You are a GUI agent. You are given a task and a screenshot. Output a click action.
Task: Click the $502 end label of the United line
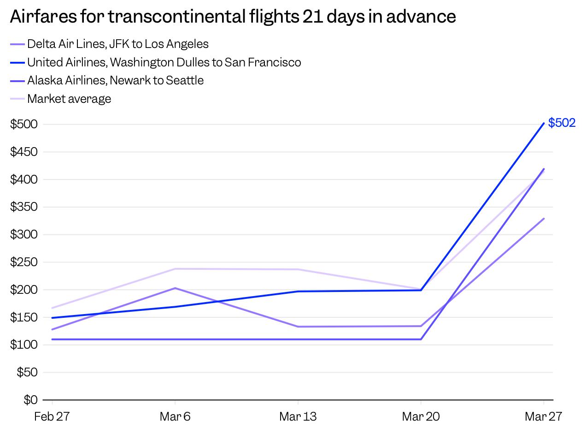[x=562, y=123]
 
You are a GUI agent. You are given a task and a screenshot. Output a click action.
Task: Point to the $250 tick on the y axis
[x=24, y=262]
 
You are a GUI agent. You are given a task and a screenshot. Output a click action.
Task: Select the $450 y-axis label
[x=24, y=152]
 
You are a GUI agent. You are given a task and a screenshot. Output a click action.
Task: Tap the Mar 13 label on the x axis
[x=298, y=417]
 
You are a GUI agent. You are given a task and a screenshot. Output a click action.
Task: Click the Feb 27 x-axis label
[x=52, y=417]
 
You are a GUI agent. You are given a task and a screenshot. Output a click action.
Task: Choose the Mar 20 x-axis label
[x=421, y=417]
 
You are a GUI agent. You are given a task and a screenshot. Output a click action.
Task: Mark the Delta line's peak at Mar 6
[x=175, y=288]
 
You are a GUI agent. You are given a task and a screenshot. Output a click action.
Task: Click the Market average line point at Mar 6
[x=175, y=269]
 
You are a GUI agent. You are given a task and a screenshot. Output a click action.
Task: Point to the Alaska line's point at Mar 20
[x=421, y=339]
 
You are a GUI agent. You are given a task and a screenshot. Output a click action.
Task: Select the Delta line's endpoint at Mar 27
[x=544, y=219]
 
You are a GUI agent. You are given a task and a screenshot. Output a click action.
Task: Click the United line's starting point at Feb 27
[x=52, y=318]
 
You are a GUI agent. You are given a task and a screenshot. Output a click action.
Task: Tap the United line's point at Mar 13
[x=298, y=291]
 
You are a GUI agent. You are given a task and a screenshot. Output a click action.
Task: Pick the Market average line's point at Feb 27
[x=52, y=308]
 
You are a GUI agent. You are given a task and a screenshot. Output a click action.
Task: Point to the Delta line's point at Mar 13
[x=298, y=327]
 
